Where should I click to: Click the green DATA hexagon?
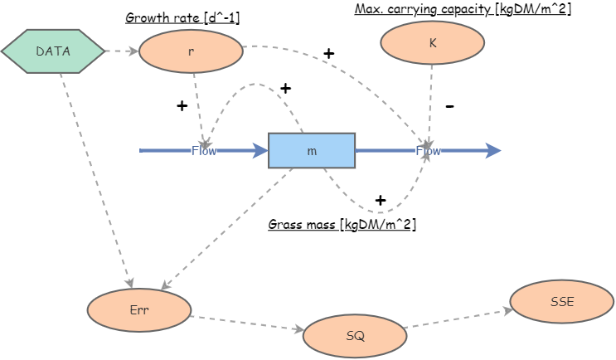click(x=53, y=51)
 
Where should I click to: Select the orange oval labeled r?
click(x=191, y=51)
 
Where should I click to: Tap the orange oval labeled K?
click(x=432, y=42)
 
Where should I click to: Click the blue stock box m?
click(x=312, y=151)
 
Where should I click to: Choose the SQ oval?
click(x=355, y=336)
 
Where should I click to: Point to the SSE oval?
click(x=561, y=301)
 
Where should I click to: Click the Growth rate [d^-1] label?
click(x=182, y=17)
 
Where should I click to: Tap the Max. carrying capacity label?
click(x=463, y=9)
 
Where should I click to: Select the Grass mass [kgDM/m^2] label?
click(x=342, y=225)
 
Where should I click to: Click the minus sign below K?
click(x=450, y=106)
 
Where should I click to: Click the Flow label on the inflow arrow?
click(x=204, y=150)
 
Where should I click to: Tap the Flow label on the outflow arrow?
click(x=428, y=151)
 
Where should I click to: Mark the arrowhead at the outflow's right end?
click(x=494, y=150)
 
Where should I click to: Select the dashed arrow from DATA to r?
click(x=122, y=51)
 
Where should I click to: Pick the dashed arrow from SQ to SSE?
click(x=458, y=319)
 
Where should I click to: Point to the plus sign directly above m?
click(x=286, y=88)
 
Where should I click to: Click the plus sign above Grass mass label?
click(x=381, y=200)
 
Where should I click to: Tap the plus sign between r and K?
click(x=329, y=54)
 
